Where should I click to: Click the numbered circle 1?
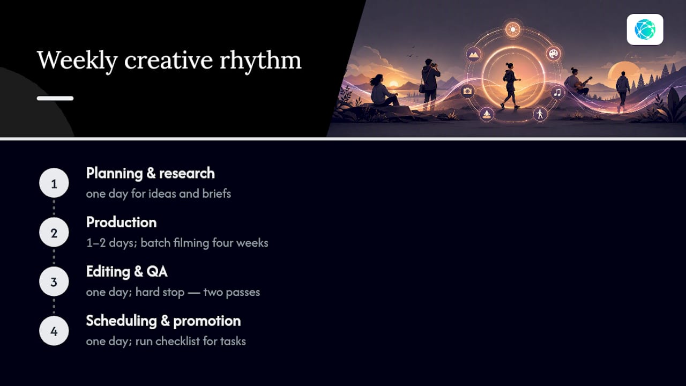pos(54,183)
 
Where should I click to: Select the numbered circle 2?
pos(54,232)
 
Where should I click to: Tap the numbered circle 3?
pos(54,281)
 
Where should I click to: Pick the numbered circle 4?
pos(54,331)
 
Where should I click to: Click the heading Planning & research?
pos(151,173)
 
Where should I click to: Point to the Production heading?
pos(121,222)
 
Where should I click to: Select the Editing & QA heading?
pos(127,272)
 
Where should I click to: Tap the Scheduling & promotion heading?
pos(163,321)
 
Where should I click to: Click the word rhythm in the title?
pos(260,61)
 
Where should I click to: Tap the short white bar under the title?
pos(55,98)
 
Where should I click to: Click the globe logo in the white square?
pos(645,29)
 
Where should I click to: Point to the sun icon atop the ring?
pos(513,29)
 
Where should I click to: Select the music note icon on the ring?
pos(557,92)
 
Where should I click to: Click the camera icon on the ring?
pos(467,91)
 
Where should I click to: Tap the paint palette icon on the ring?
pos(554,54)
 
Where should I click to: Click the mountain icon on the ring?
pos(473,55)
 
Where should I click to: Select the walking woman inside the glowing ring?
pos(511,86)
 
